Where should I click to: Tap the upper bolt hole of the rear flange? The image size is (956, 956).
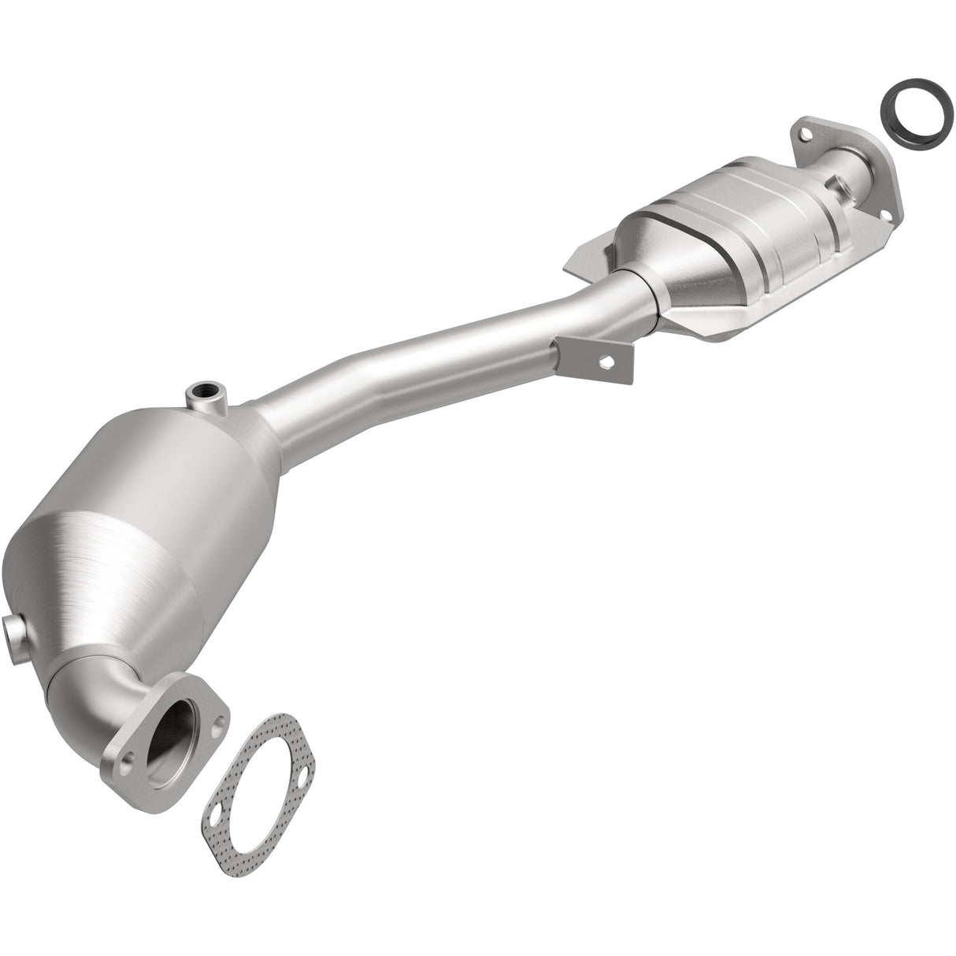(x=805, y=135)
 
